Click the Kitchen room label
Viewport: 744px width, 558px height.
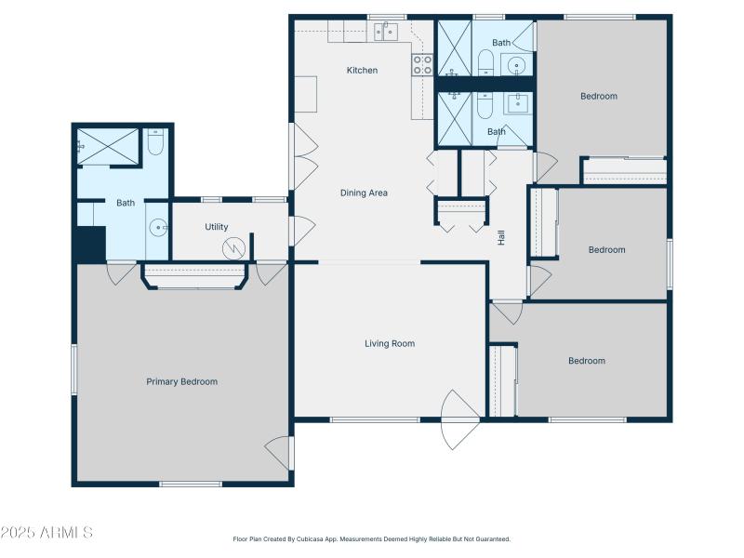[362, 71]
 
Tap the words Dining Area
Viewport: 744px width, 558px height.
[364, 193]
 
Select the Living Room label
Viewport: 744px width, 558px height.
[389, 344]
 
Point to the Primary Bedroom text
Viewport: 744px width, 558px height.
[181, 381]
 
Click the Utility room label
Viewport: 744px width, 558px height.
[217, 227]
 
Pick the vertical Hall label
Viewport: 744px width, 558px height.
[501, 237]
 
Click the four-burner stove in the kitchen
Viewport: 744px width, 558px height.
[422, 64]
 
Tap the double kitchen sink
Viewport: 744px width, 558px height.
[386, 33]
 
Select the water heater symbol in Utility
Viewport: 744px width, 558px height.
[234, 247]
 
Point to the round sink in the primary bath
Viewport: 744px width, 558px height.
[158, 227]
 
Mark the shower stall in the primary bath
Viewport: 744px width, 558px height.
[108, 146]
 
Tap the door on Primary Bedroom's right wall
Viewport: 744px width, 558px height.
[278, 452]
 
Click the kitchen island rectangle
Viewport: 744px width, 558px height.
[306, 93]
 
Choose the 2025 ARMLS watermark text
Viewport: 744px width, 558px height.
[46, 533]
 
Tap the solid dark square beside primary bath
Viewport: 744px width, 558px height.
[90, 245]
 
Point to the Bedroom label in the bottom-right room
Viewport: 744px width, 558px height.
[586, 361]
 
